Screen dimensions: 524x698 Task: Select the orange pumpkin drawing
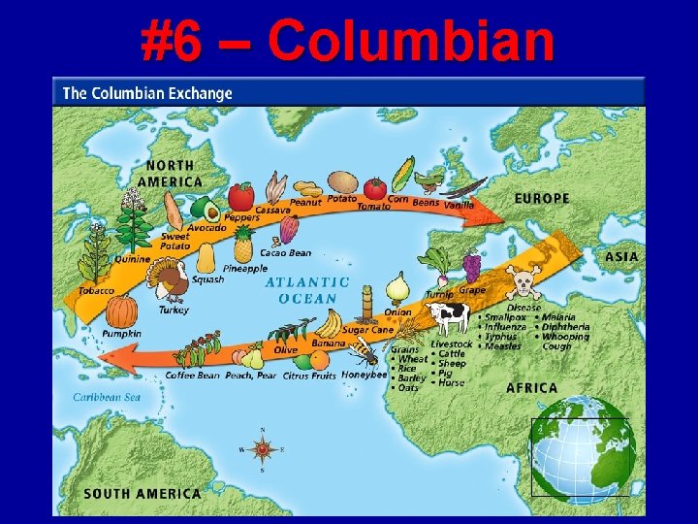click(x=122, y=311)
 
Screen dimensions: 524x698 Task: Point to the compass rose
click(x=262, y=449)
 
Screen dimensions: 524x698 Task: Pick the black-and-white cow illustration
click(x=449, y=317)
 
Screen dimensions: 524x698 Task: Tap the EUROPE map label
click(x=541, y=199)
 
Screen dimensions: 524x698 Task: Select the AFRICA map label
click(x=531, y=388)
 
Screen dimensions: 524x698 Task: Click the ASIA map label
click(x=621, y=257)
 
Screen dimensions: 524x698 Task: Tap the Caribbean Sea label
click(x=107, y=397)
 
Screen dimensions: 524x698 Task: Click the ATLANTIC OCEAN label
click(x=307, y=290)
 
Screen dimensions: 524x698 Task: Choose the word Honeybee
click(x=365, y=376)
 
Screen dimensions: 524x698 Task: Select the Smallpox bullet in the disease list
click(x=506, y=317)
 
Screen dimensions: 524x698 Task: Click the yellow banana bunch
click(x=330, y=323)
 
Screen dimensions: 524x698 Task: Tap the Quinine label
click(x=132, y=258)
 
